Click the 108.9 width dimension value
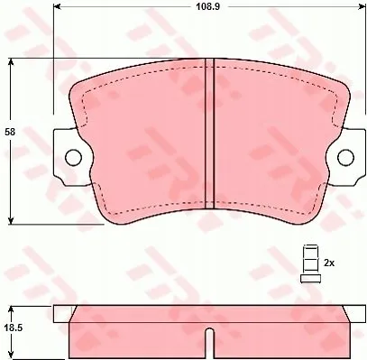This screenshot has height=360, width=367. coord(208,6)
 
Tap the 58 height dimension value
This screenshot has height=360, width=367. coord(10,132)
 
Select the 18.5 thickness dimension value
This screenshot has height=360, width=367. coord(14,328)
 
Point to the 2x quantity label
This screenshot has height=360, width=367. coord(329,263)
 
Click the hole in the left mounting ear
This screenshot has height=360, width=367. coord(73,157)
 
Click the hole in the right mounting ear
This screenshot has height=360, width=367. coord(345,157)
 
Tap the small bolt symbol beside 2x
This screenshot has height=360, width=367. coord(310,263)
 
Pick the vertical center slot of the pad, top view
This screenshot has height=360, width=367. coord(209,134)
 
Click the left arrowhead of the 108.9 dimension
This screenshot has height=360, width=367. coord(57,6)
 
